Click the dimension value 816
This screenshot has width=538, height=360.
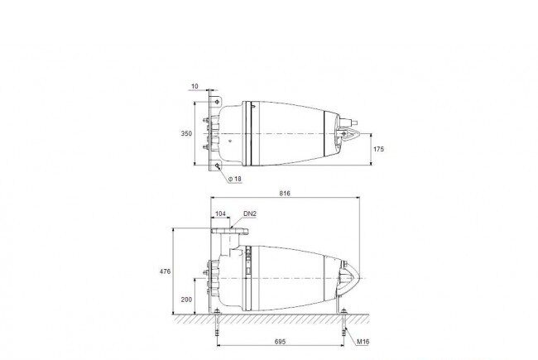(x=285, y=193)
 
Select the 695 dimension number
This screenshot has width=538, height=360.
(x=280, y=342)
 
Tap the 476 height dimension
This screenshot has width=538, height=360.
(x=165, y=271)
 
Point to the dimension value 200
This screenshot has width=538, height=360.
(x=186, y=300)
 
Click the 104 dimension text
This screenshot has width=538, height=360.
(x=220, y=214)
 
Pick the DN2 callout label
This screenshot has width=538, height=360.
(x=250, y=214)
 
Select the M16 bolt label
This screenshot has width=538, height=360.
(x=363, y=342)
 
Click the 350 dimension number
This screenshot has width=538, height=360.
(x=187, y=133)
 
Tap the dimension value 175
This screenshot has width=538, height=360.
(x=378, y=149)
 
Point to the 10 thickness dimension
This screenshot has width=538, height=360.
(x=195, y=86)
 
